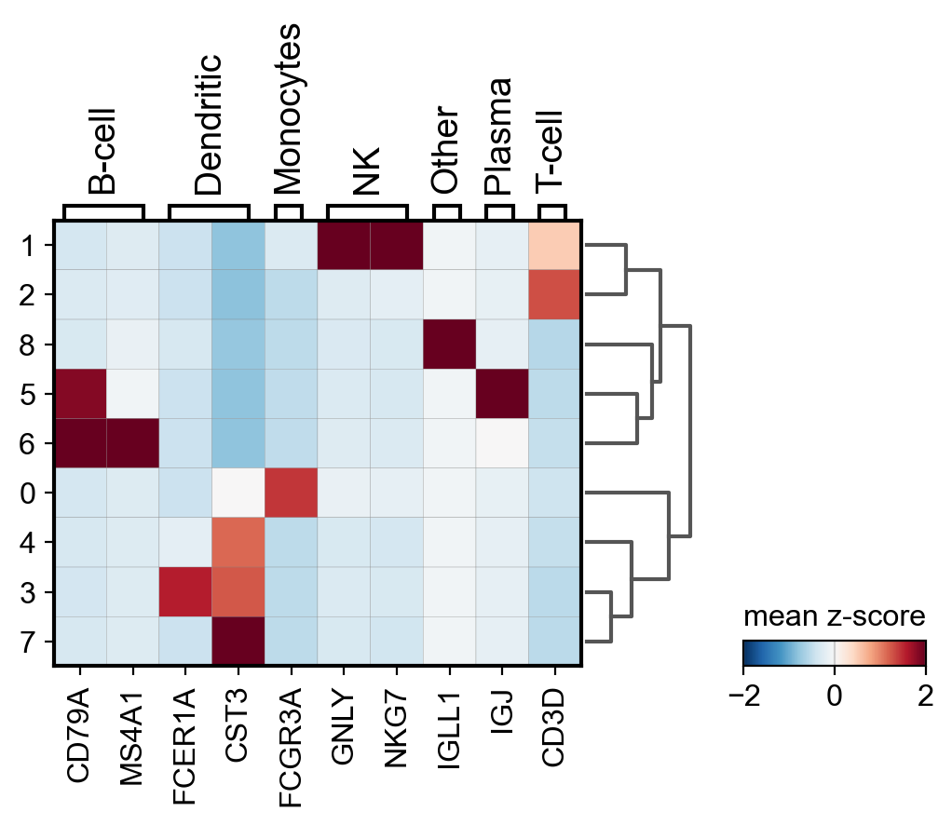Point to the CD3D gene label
coord(555,726)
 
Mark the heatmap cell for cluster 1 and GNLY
coord(345,246)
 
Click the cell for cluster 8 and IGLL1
coord(450,345)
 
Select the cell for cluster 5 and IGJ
coord(502,394)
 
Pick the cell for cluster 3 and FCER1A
coord(185,591)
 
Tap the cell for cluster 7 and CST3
coord(238,641)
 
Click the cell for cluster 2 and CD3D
coord(555,295)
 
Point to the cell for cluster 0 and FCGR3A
coord(292,493)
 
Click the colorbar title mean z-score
coord(834,616)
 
